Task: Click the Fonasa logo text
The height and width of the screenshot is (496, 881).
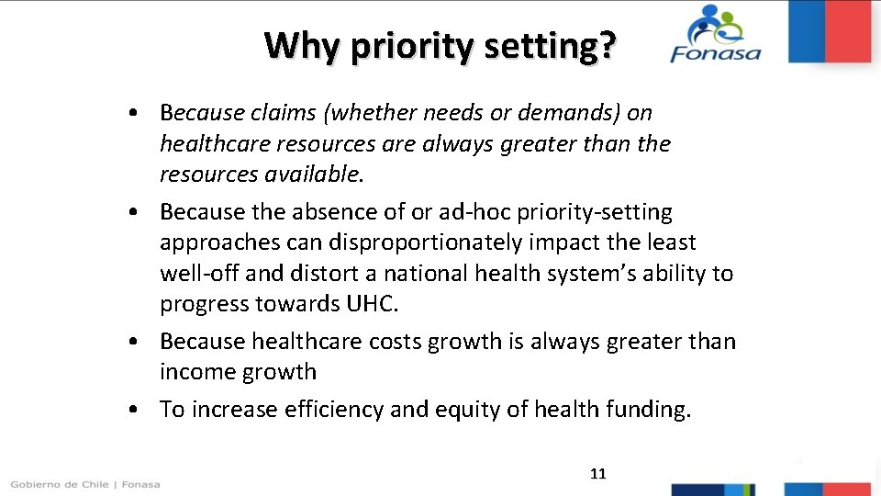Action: coord(716,52)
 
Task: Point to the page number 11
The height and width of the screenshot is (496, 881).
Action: coord(598,474)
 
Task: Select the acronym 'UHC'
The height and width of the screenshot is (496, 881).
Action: coord(369,305)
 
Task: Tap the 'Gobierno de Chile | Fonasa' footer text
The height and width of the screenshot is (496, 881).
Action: coord(85,484)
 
